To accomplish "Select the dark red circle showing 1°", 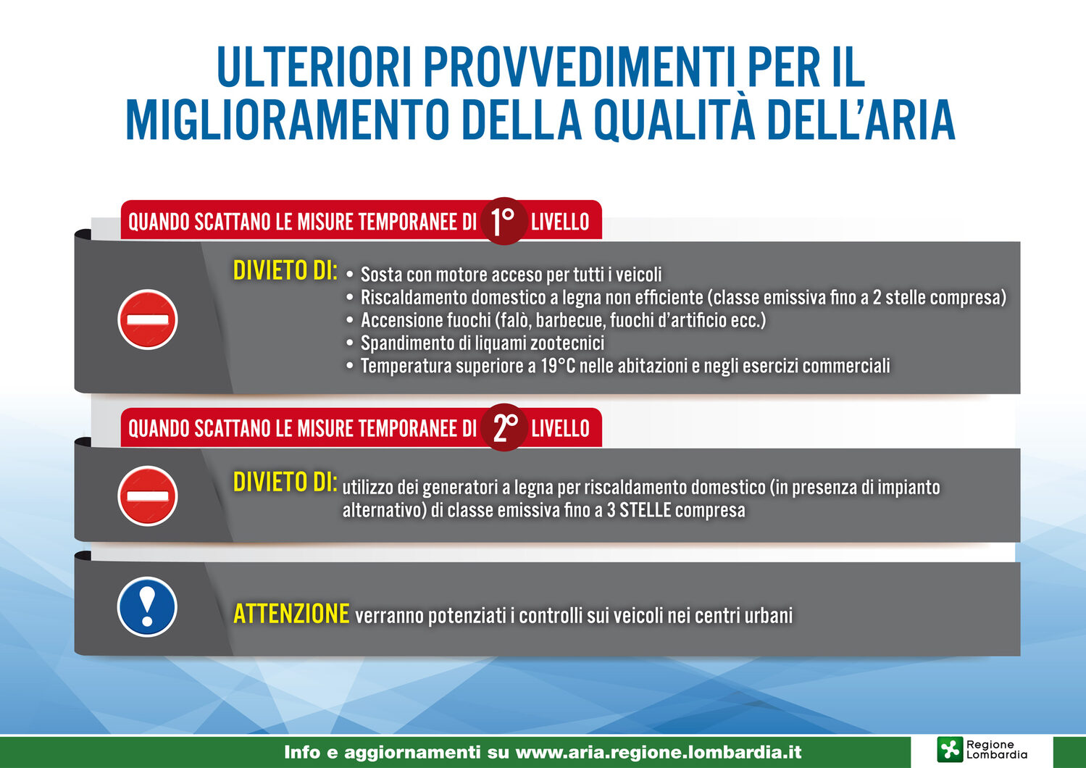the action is (x=504, y=221).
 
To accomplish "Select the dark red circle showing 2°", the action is (x=504, y=427).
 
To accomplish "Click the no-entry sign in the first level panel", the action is (x=147, y=320).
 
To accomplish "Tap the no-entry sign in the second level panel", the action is (x=147, y=496).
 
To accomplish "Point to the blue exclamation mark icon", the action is (x=147, y=606).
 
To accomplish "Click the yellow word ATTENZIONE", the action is (x=291, y=614).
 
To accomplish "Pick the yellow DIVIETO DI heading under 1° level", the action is (x=285, y=270).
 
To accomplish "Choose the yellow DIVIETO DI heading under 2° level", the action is (x=285, y=482).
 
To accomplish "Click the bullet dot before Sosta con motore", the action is (x=349, y=275).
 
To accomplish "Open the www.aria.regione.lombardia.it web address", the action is (x=659, y=752).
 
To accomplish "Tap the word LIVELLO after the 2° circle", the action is (x=560, y=429).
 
